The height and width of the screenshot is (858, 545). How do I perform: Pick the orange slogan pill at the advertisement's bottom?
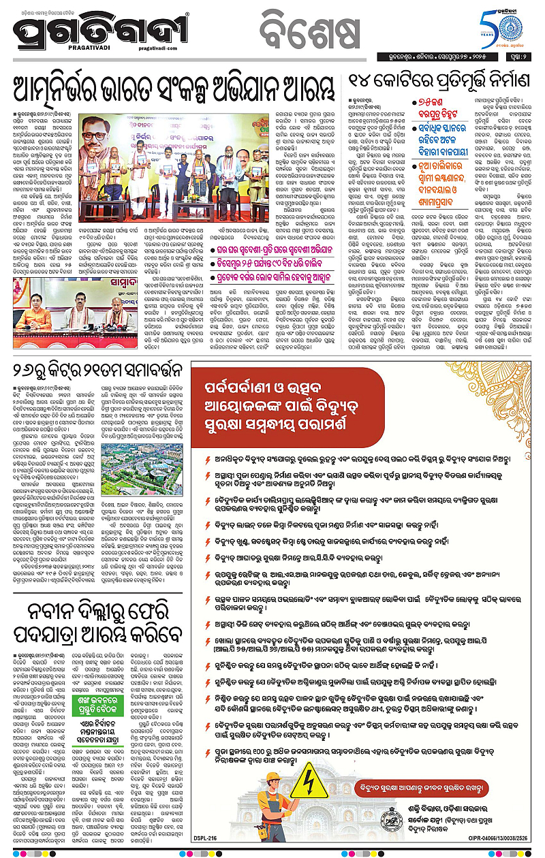coord(436,788)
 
